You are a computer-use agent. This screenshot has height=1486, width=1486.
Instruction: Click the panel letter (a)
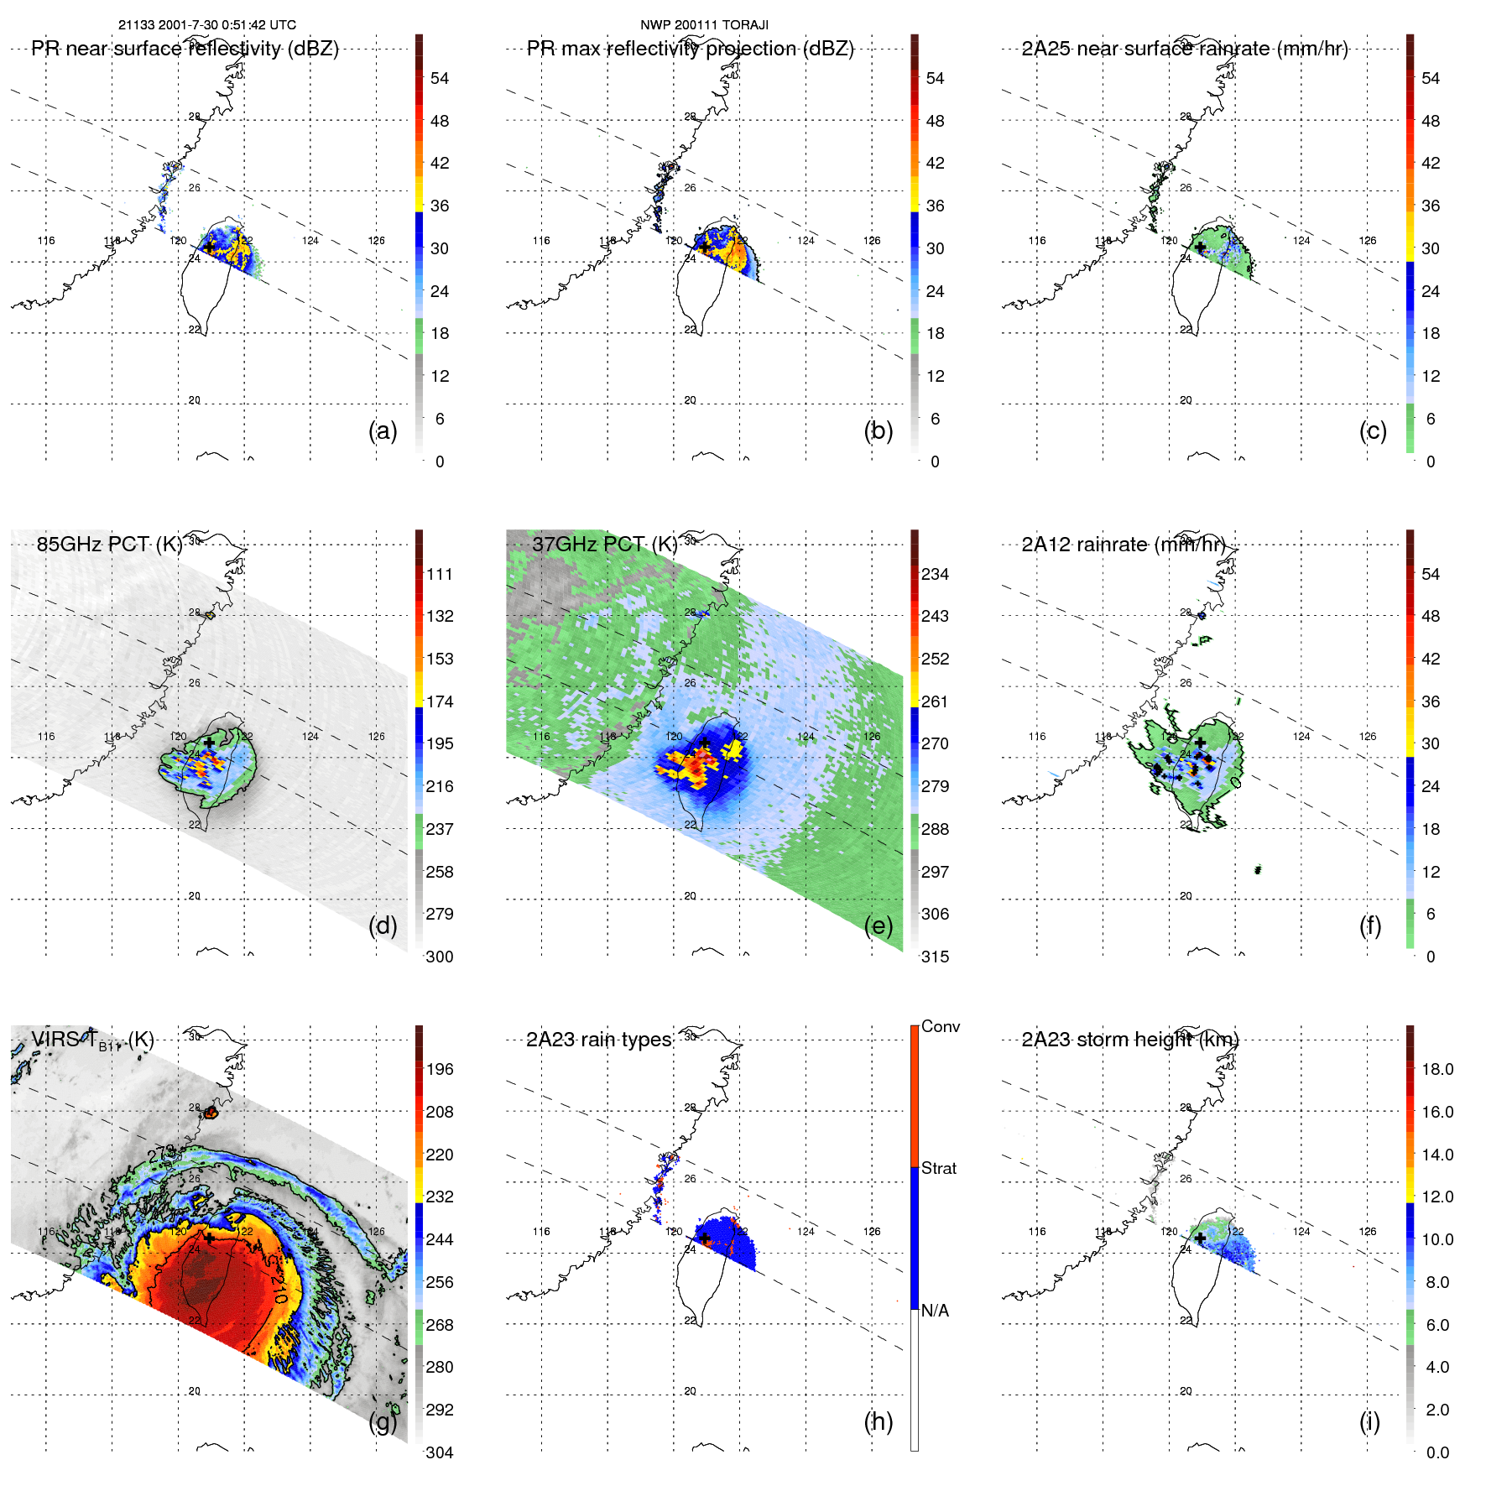point(383,430)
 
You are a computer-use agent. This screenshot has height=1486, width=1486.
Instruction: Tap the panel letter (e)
point(879,925)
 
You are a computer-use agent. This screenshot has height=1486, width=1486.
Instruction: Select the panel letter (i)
point(1369,1421)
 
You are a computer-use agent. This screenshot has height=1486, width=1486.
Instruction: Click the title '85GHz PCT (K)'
point(109,544)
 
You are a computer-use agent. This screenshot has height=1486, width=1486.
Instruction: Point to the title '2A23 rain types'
point(598,1040)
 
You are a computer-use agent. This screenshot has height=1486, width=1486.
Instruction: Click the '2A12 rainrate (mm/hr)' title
point(1124,544)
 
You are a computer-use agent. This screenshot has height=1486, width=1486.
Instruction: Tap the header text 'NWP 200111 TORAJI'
point(704,25)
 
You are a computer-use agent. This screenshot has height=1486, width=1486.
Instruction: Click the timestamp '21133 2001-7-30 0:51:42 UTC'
point(206,25)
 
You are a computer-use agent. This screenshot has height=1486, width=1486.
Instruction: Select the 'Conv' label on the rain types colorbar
point(940,1026)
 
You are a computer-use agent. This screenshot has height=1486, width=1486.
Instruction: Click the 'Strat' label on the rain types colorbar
point(939,1168)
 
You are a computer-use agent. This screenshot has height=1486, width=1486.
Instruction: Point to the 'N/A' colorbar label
point(935,1310)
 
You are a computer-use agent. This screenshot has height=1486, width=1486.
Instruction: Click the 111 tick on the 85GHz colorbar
point(440,574)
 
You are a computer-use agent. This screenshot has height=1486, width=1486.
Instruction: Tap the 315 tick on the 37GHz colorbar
point(935,957)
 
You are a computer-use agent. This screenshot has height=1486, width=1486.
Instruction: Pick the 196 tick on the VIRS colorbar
point(440,1069)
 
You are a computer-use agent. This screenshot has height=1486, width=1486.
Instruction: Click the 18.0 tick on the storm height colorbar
point(1437,1069)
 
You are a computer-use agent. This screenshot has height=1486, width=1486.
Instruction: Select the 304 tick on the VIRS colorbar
point(440,1452)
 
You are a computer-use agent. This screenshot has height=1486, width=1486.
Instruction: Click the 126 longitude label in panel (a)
point(376,241)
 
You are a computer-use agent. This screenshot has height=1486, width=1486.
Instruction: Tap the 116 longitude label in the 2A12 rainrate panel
point(1037,737)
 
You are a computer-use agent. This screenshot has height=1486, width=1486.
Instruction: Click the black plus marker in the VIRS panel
point(209,1237)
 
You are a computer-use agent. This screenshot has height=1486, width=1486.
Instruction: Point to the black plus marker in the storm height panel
point(1200,1238)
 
